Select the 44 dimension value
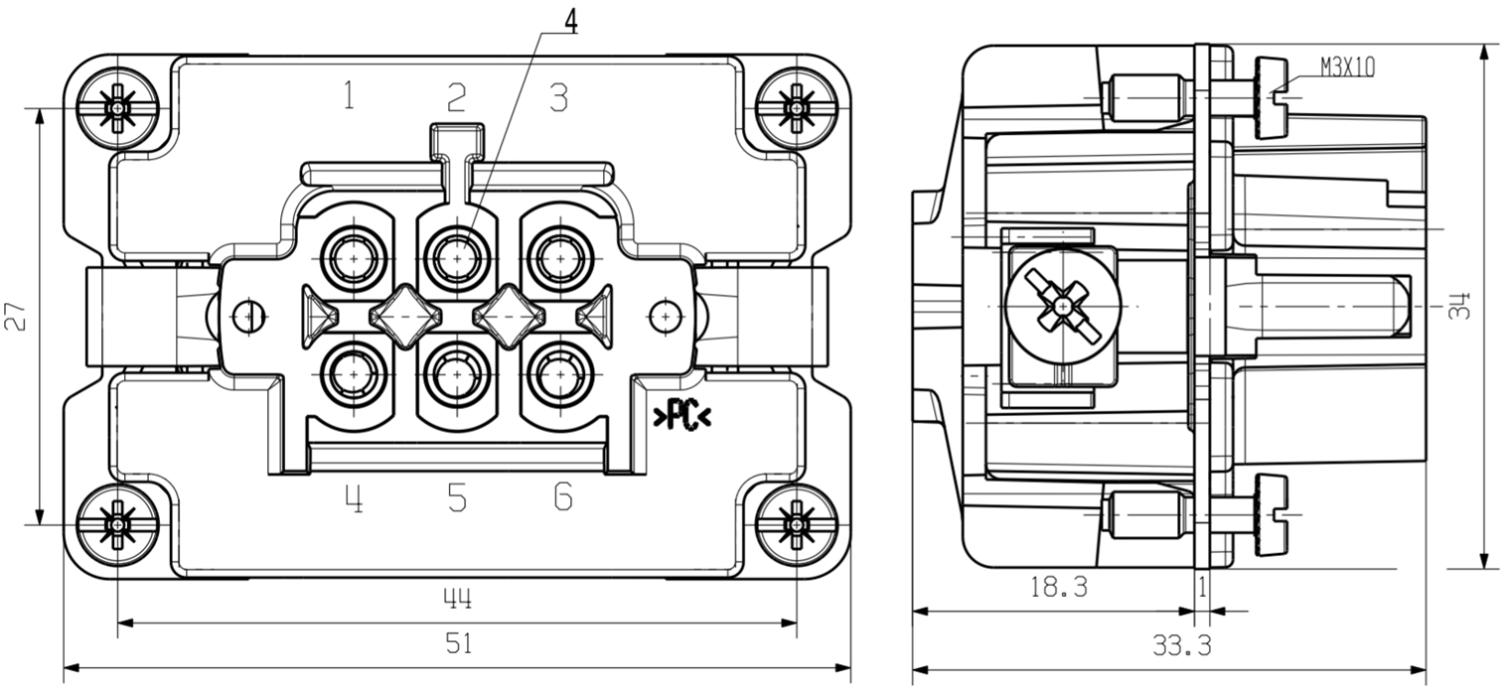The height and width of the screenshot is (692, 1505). pyautogui.click(x=457, y=599)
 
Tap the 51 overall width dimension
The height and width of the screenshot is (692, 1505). pyautogui.click(x=457, y=644)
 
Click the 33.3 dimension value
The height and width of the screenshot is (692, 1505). pyautogui.click(x=1181, y=646)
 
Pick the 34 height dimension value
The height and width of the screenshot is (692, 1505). pyautogui.click(x=1459, y=305)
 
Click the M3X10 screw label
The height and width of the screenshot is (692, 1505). pyautogui.click(x=1347, y=67)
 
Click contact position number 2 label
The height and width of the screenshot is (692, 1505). pyautogui.click(x=456, y=96)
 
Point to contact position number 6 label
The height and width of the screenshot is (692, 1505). pyautogui.click(x=562, y=496)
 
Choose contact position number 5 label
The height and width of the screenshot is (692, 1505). pyautogui.click(x=456, y=496)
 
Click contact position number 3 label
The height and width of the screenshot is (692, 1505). pyautogui.click(x=559, y=96)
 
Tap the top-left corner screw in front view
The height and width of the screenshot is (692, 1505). pyautogui.click(x=118, y=106)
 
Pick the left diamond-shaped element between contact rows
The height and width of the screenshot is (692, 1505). pyautogui.click(x=405, y=317)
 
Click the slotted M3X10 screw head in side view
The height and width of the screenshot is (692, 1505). pyautogui.click(x=1271, y=98)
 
